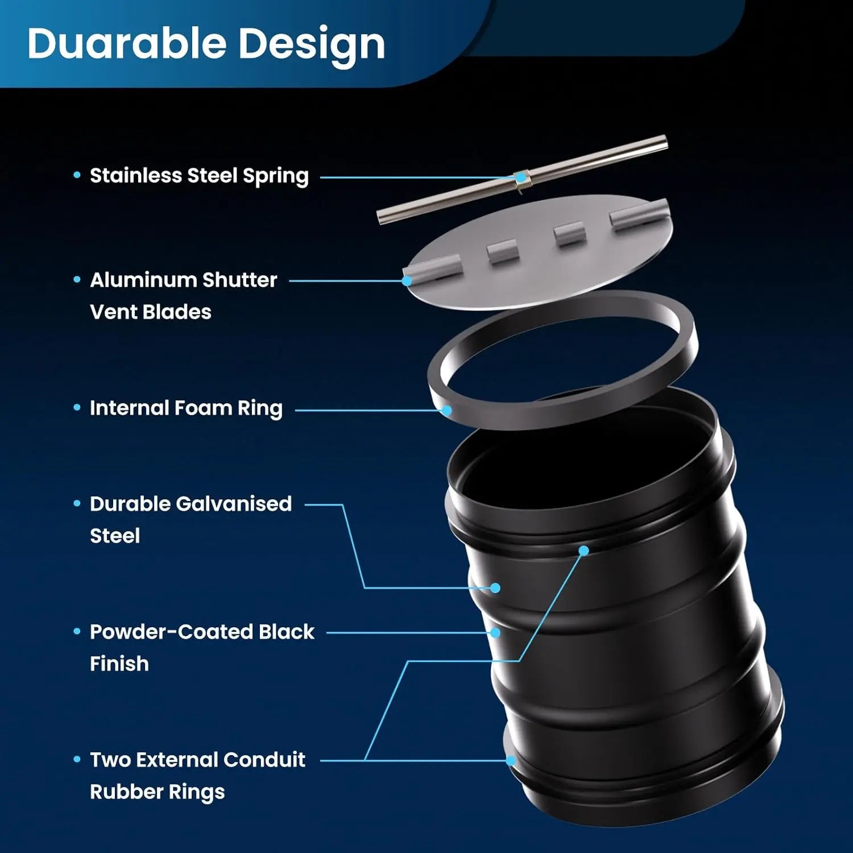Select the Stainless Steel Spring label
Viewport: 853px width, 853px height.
(199, 176)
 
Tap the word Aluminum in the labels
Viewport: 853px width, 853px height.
(143, 280)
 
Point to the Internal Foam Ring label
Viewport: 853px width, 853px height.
(186, 408)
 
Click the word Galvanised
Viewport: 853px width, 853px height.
(234, 504)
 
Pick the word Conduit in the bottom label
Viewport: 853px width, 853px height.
(264, 760)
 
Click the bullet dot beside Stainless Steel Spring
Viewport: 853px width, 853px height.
(77, 175)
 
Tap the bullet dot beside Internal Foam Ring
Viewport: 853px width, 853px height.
(77, 407)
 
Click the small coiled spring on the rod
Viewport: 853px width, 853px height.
(521, 178)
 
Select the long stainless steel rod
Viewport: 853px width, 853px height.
(597, 159)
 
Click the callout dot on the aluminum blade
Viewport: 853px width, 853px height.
(407, 280)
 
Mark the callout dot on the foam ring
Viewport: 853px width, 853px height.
(447, 410)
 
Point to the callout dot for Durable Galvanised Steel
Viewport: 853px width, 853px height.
(495, 588)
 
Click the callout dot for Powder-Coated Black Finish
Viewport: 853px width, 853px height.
(495, 632)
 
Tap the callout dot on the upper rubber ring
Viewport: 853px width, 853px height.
(583, 550)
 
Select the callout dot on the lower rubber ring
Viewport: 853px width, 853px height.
(511, 760)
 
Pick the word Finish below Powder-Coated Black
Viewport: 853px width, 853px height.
(119, 664)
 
